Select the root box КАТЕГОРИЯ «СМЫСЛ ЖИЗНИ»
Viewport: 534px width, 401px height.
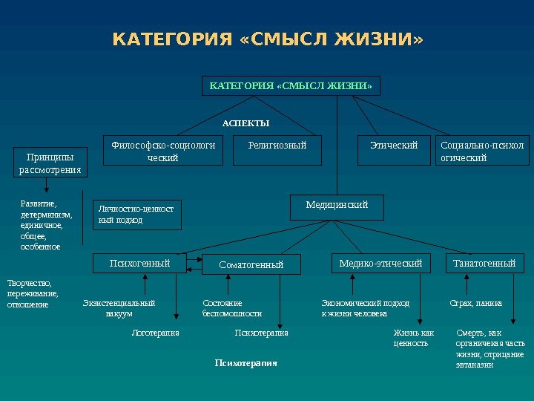pyautogui.click(x=290, y=86)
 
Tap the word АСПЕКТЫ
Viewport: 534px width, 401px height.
pyautogui.click(x=246, y=123)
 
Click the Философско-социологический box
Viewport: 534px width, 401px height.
pyautogui.click(x=163, y=151)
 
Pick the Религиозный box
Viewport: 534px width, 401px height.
pyautogui.click(x=277, y=146)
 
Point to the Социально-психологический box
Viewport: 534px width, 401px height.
pyautogui.click(x=481, y=151)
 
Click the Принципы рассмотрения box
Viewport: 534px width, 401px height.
pyautogui.click(x=50, y=163)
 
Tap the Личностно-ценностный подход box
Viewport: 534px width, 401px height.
pyautogui.click(x=136, y=214)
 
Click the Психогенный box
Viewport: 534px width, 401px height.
pyautogui.click(x=139, y=263)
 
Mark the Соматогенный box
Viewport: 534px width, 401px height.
pyautogui.click(x=251, y=264)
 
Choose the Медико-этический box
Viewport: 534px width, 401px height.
pyautogui.click(x=380, y=263)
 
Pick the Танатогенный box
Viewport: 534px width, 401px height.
pyautogui.click(x=484, y=263)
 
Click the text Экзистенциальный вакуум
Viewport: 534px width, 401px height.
pyautogui.click(x=119, y=308)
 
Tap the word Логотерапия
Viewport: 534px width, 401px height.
pyautogui.click(x=155, y=333)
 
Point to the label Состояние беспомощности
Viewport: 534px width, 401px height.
pyautogui.click(x=232, y=308)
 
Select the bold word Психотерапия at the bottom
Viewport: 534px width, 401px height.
pyautogui.click(x=245, y=363)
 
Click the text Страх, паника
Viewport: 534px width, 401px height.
pyautogui.click(x=476, y=303)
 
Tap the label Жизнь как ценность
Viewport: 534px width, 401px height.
pyautogui.click(x=413, y=338)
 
